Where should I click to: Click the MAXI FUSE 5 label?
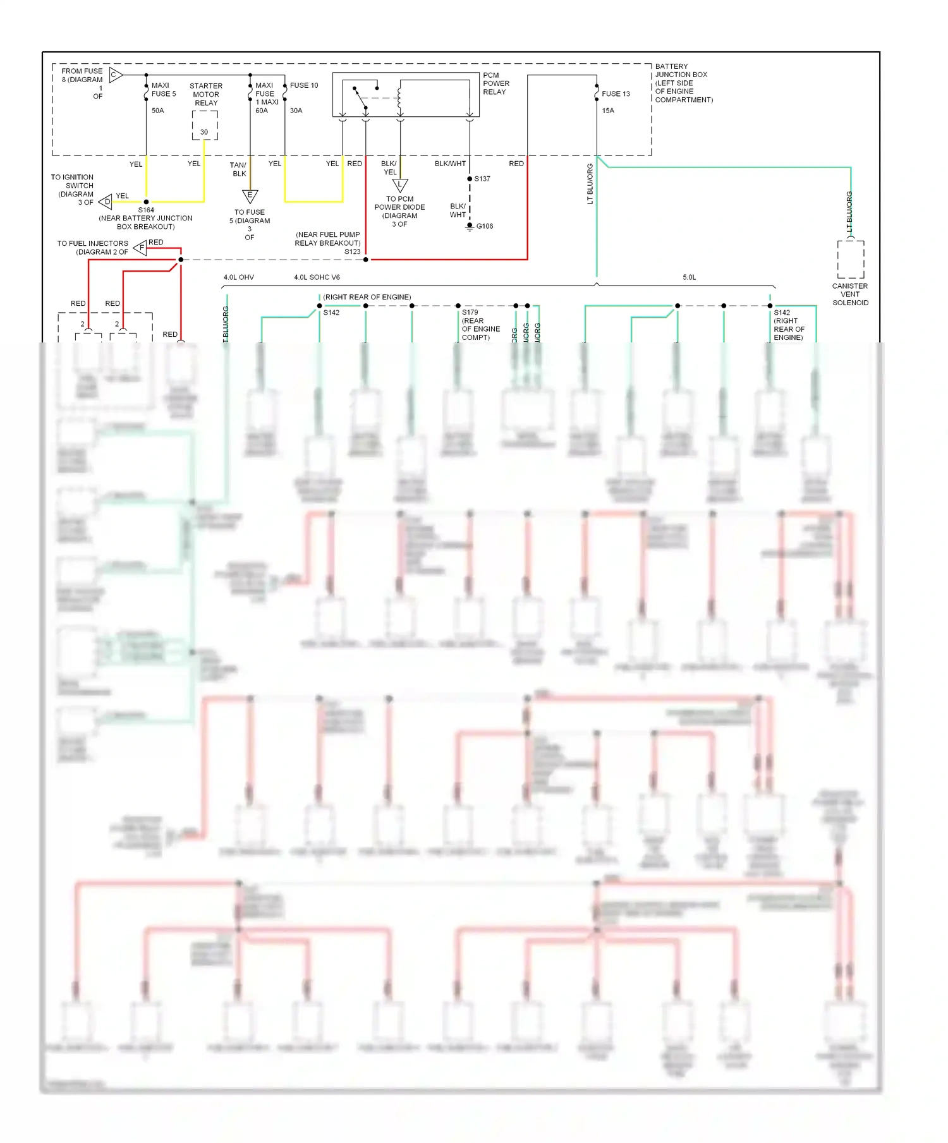click(163, 90)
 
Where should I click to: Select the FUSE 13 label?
click(616, 94)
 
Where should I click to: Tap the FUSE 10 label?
click(304, 85)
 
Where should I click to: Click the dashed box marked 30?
click(205, 126)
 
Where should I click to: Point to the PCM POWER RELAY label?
click(496, 83)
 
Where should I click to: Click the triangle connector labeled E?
click(250, 196)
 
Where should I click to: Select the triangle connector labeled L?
click(400, 185)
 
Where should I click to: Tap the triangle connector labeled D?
click(106, 202)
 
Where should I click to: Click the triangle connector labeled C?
click(115, 75)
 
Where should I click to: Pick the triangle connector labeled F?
click(140, 248)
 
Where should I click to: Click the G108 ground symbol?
click(470, 227)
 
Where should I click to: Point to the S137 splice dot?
click(470, 179)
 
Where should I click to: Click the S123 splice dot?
click(366, 260)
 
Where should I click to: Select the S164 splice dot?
click(147, 202)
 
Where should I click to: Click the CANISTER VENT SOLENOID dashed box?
click(851, 259)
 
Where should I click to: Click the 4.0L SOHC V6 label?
click(317, 277)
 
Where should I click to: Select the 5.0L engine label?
click(689, 277)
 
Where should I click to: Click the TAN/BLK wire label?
click(239, 169)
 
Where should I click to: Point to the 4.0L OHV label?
click(239, 277)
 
